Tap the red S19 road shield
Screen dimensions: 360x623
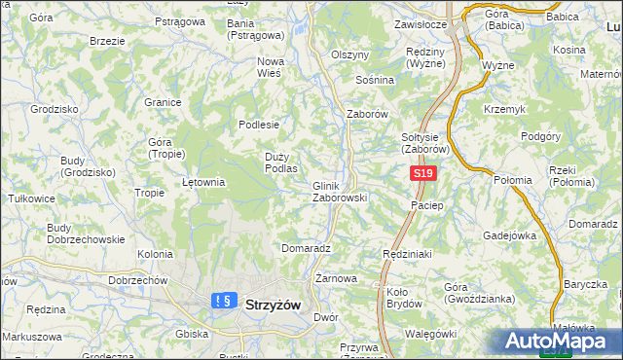[421, 173]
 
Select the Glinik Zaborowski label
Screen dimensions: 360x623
[339, 192]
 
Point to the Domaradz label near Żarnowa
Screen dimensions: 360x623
[306, 248]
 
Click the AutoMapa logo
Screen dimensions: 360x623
[558, 341]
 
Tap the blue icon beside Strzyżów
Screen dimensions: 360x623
[223, 301]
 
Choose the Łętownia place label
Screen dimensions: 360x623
[204, 181]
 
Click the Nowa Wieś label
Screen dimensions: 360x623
[270, 66]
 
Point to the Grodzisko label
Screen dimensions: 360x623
[55, 109]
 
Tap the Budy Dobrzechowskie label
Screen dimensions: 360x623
[86, 234]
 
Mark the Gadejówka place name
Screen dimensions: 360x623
[511, 234]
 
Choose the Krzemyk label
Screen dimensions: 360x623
[506, 109]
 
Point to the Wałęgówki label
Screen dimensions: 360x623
[428, 333]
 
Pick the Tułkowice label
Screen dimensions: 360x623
[30, 198]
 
